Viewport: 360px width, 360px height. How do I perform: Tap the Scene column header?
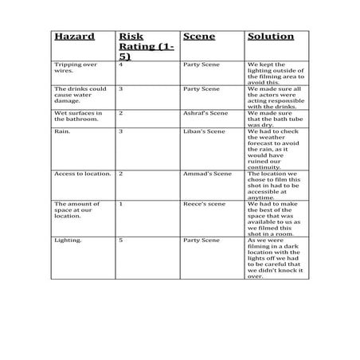point(199,37)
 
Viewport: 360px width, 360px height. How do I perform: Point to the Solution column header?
point(271,37)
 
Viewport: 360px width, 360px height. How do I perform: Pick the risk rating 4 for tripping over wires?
point(120,64)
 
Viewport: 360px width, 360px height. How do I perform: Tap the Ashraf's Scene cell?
point(206,113)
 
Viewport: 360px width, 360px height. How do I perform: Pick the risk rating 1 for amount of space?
point(120,204)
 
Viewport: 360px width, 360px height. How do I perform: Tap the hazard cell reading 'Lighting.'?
point(67,240)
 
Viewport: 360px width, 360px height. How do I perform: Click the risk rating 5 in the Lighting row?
point(120,240)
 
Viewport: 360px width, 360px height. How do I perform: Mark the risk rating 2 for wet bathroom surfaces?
point(120,113)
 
